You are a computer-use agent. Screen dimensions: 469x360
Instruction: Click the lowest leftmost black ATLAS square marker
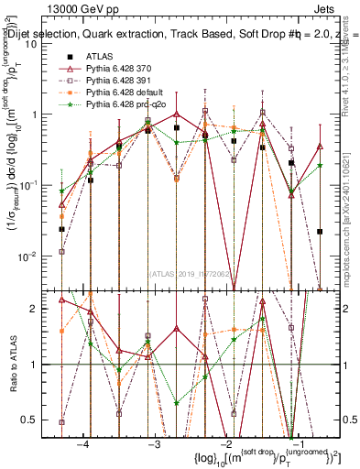click(x=61, y=229)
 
